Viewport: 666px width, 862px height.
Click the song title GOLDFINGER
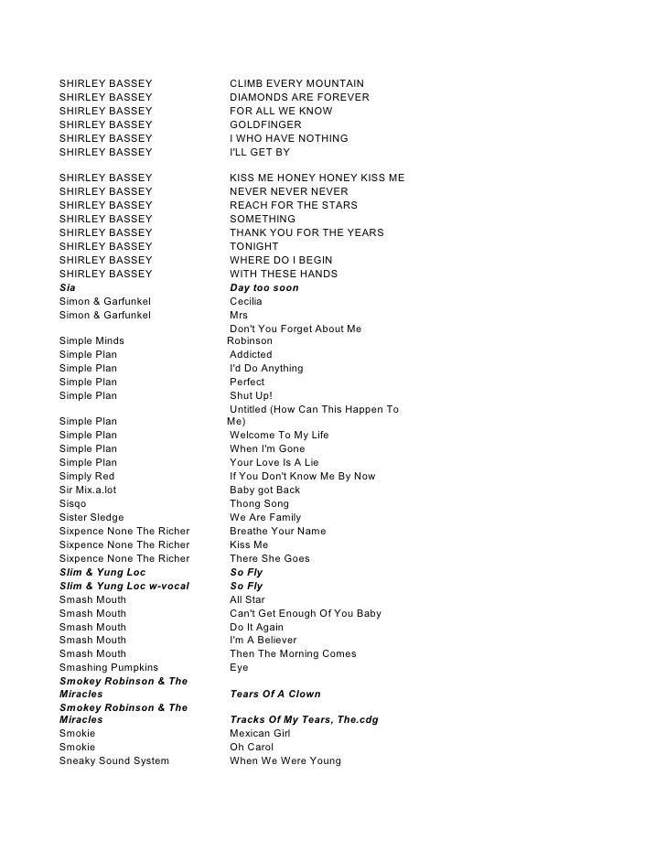click(x=265, y=124)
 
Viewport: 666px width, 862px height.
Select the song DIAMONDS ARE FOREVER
click(x=299, y=98)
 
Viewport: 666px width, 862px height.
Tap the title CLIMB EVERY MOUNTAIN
click(x=296, y=84)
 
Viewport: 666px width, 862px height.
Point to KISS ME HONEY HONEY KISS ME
click(x=317, y=178)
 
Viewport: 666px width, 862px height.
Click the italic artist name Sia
click(x=68, y=287)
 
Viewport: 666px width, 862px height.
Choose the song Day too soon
click(x=263, y=287)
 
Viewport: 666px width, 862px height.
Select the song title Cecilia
click(x=246, y=301)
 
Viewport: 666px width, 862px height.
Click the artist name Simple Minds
click(x=91, y=341)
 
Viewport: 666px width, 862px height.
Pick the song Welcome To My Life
click(x=279, y=435)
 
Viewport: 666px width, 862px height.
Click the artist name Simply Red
click(x=87, y=476)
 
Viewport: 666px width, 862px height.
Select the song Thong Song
click(x=259, y=503)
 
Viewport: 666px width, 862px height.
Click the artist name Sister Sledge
click(x=91, y=517)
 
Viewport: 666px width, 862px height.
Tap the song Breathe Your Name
click(x=277, y=531)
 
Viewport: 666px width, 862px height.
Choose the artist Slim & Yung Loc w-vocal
click(x=124, y=586)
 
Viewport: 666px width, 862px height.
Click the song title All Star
click(x=247, y=599)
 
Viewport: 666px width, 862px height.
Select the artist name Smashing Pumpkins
click(x=109, y=667)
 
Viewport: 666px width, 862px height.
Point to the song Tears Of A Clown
click(x=275, y=694)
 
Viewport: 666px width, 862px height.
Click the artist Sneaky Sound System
click(x=114, y=760)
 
